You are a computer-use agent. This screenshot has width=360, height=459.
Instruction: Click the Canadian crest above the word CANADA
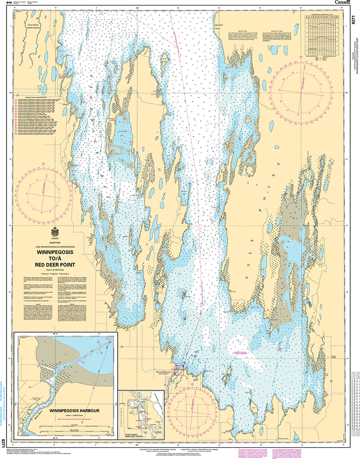[x=55, y=232]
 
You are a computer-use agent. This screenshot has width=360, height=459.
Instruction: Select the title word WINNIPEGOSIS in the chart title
[x=56, y=252]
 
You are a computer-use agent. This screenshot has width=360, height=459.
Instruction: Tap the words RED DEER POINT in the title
[x=56, y=264]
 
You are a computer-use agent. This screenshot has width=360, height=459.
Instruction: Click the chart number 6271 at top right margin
[x=354, y=21]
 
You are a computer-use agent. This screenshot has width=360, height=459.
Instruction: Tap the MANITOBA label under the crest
[x=56, y=243]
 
